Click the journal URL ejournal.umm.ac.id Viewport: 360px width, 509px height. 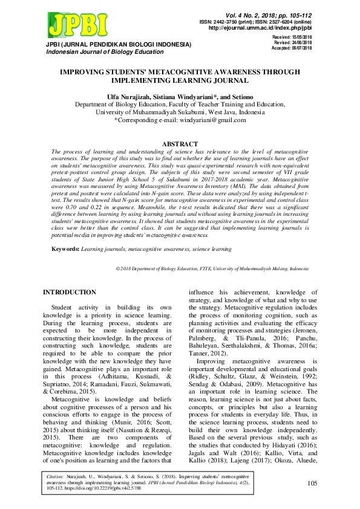pyautogui.click(x=260, y=28)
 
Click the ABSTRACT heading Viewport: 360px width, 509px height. pyautogui.click(x=180, y=144)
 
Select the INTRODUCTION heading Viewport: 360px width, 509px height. pyautogui.click(x=69, y=293)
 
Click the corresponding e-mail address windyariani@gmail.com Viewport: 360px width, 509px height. pyautogui.click(x=214, y=120)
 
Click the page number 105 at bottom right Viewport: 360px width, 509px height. pyautogui.click(x=312, y=483)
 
